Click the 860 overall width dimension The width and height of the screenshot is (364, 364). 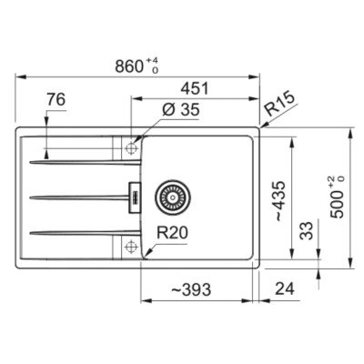pos(129,66)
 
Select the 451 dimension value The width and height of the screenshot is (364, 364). pos(195,88)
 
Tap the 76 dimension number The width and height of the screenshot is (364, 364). pos(56,99)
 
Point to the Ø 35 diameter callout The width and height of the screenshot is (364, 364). pos(181,109)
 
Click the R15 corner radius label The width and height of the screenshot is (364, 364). pos(279,104)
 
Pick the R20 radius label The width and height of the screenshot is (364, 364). pos(172,233)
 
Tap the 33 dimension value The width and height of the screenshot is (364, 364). pos(306,231)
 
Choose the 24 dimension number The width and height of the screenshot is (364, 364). pos(285,288)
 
